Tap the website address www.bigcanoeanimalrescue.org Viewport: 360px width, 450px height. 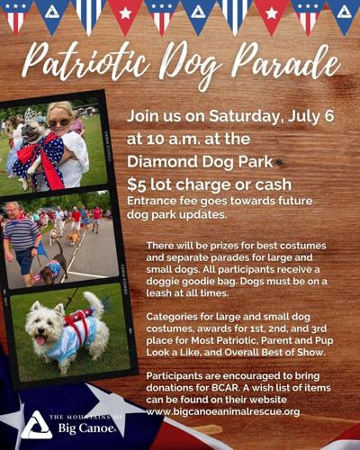[x=223, y=411]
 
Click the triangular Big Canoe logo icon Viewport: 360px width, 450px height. [x=36, y=424]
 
